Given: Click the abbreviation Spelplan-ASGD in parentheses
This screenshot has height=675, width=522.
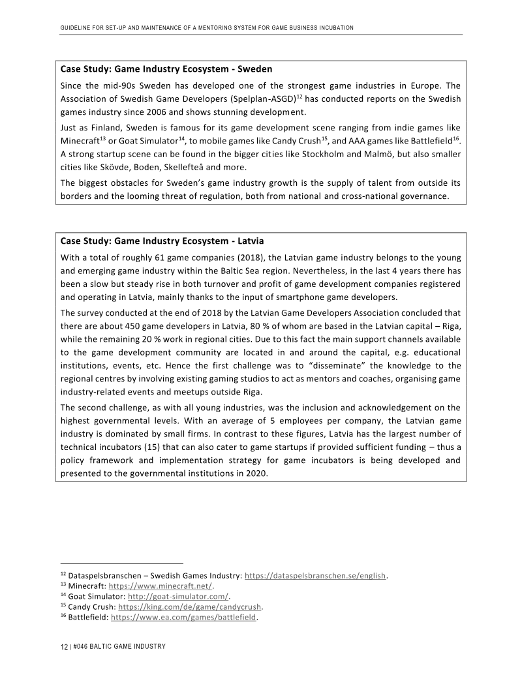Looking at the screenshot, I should (x=259, y=99).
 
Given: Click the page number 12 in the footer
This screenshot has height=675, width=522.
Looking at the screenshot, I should (x=64, y=646).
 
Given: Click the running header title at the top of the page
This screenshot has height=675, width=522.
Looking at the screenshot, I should (x=207, y=28).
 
